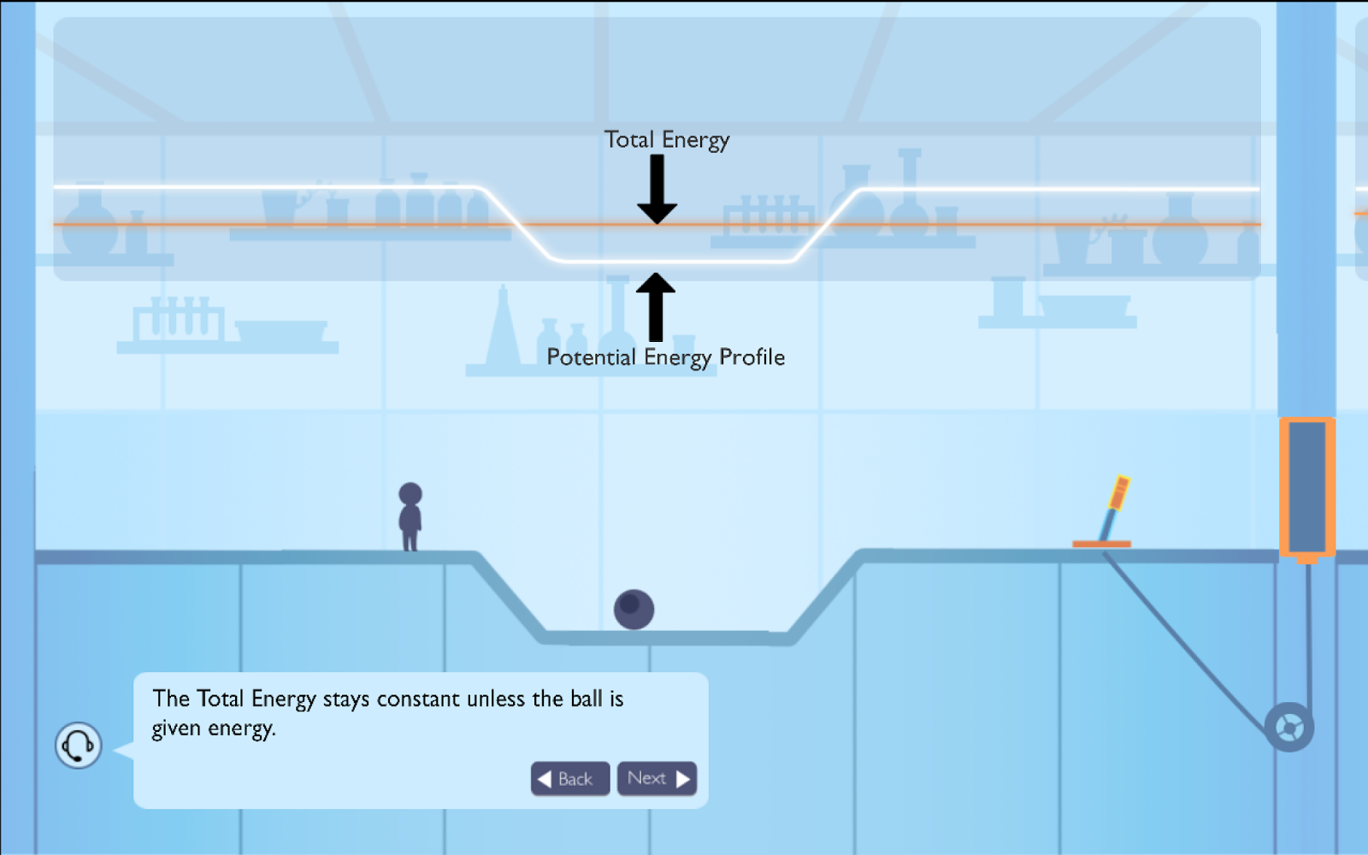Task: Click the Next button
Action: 657,778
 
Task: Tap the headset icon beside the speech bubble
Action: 79,745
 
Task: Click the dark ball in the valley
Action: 634,610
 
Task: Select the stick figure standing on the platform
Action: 410,518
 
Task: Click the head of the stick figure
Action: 410,494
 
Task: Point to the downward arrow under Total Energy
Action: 657,190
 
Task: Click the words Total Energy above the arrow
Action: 667,139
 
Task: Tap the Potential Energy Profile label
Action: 665,357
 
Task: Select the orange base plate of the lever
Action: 1101,544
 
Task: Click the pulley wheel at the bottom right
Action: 1288,728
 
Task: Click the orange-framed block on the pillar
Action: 1306,487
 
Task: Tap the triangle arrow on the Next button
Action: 682,779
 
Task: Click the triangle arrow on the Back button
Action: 544,779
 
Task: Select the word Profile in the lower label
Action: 752,357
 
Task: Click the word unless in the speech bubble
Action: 497,699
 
